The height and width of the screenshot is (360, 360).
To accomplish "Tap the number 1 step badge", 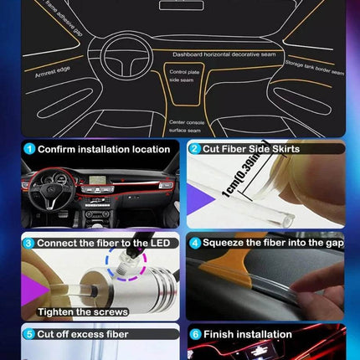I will point(28,149).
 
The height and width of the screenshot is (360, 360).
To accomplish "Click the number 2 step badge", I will point(194,149).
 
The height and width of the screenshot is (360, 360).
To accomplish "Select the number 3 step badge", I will point(28,243).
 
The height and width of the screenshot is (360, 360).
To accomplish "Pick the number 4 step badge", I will point(194,243).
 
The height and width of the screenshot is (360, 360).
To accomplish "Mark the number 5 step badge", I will point(28,334).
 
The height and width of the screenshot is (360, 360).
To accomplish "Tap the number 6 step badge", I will point(194,334).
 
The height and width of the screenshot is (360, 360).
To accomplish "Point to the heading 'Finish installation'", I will point(247,334).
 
